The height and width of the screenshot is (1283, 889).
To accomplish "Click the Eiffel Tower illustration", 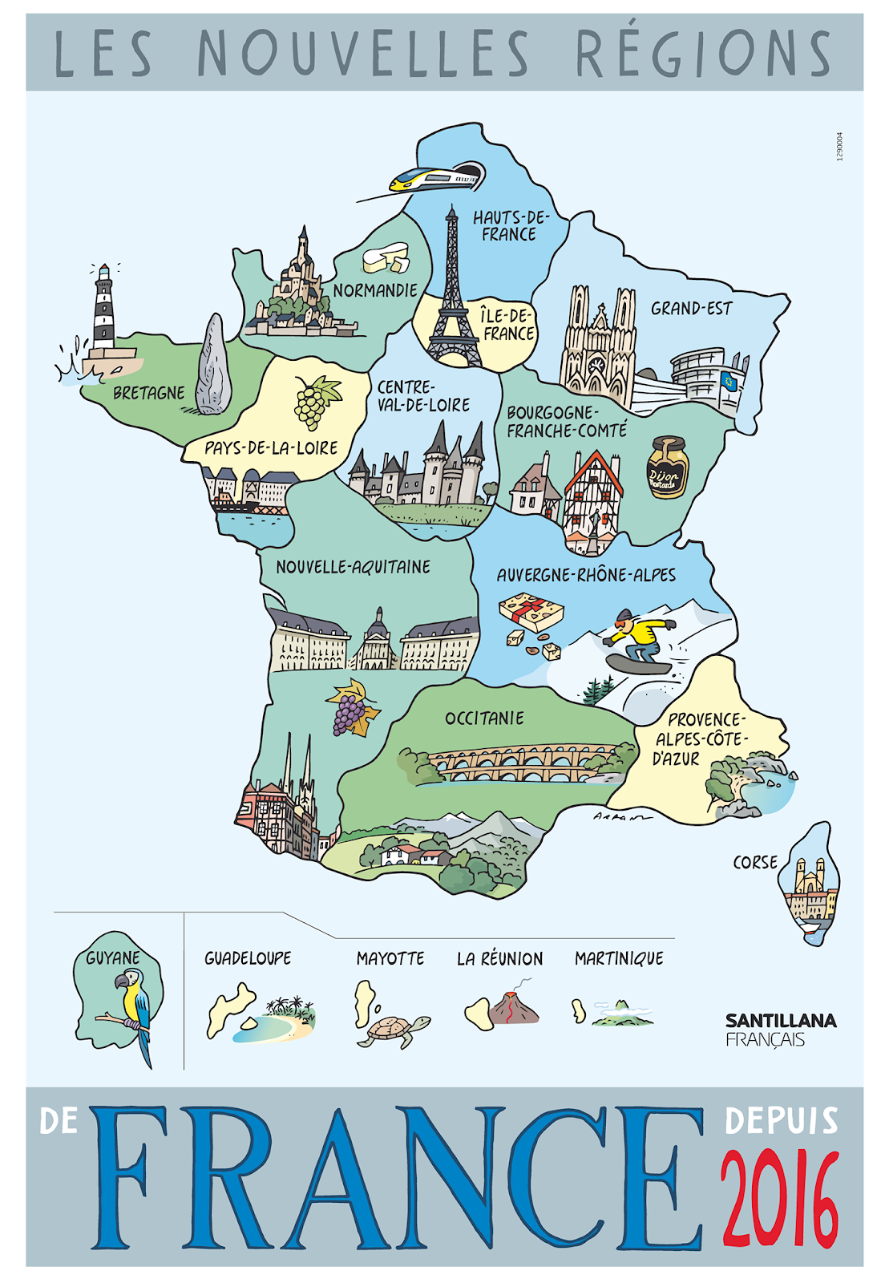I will pyautogui.click(x=452, y=297).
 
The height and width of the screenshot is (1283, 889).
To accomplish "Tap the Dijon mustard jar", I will pyautogui.click(x=667, y=467).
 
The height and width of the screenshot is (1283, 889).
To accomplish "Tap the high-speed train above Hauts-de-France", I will pyautogui.click(x=437, y=177).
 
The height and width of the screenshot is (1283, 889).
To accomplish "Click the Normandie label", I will pyautogui.click(x=375, y=291).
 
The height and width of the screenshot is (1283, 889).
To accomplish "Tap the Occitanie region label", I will pyautogui.click(x=484, y=718).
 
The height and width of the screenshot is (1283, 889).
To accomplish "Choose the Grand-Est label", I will pyautogui.click(x=691, y=309).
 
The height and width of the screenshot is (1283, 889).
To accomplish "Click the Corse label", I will pyautogui.click(x=755, y=863).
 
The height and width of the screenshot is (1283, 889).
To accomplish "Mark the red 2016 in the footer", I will pyautogui.click(x=779, y=1197).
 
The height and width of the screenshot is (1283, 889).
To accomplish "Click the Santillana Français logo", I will pyautogui.click(x=780, y=1030).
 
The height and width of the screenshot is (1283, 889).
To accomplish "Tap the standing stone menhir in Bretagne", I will pyautogui.click(x=213, y=365).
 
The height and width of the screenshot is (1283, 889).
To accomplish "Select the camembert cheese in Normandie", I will pyautogui.click(x=386, y=257).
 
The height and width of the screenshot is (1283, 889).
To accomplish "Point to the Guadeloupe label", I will pyautogui.click(x=248, y=958).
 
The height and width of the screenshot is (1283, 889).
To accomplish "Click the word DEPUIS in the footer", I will pyautogui.click(x=781, y=1121).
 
